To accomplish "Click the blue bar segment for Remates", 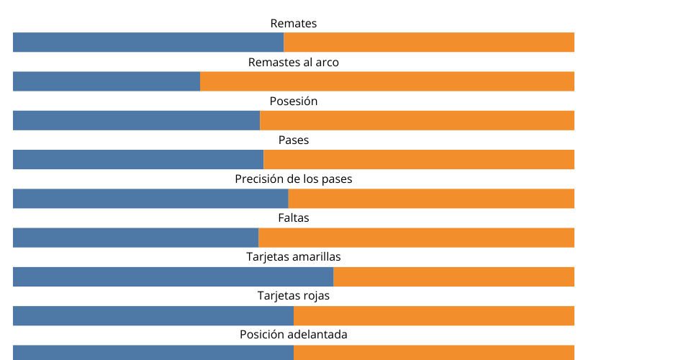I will pos(148,42).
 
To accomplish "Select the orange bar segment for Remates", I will pos(429,42).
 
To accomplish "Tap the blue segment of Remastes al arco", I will pos(107,81).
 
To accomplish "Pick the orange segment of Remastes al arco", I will pos(387,81).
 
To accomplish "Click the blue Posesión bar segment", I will pos(136,120).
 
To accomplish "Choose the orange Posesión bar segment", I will pos(417,120).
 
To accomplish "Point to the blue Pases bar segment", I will pos(138,159).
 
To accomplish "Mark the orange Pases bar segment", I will pos(419,159).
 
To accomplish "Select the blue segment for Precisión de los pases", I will pos(150,199).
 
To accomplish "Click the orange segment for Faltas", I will pos(416,238).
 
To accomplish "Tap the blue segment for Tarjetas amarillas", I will pos(173,276).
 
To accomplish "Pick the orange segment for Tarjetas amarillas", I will pos(453,276).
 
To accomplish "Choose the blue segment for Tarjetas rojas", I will pos(153,315).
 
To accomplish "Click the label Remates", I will pos(294,24).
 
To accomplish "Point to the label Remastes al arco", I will pos(294,63).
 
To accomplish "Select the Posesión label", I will pos(294,102).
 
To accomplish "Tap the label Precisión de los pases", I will pos(294,179).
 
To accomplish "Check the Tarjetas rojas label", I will pos(294,296).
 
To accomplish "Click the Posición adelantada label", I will pos(294,335).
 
